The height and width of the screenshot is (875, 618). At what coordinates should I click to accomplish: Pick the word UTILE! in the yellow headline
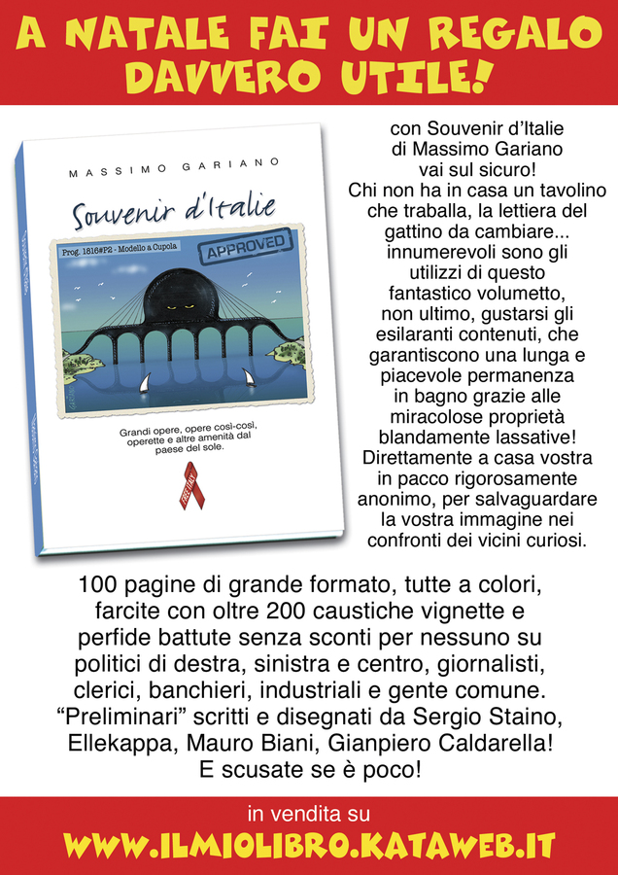tap(409, 75)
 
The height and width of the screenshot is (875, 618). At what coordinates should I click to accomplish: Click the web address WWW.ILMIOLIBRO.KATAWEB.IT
tap(309, 845)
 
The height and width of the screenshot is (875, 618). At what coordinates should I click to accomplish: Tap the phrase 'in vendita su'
tap(309, 812)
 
